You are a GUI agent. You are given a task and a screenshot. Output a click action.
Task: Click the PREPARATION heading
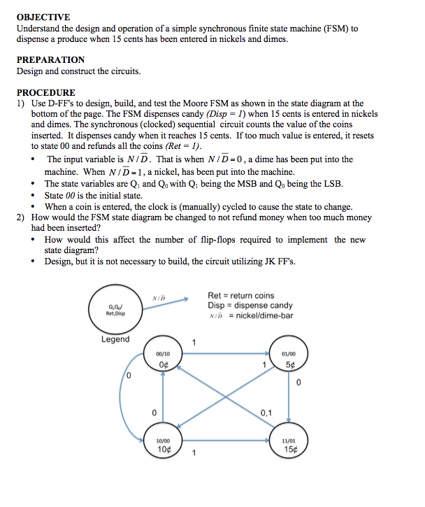(x=50, y=59)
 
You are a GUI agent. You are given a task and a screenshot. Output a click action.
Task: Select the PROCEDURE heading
(x=46, y=92)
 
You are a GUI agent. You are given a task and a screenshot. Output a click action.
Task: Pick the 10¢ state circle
(x=163, y=445)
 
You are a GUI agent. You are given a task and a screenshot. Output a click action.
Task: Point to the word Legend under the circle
(x=115, y=339)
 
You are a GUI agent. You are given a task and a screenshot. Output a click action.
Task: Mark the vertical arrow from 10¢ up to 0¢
(x=163, y=402)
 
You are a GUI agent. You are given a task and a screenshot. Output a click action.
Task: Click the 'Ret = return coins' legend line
(x=241, y=297)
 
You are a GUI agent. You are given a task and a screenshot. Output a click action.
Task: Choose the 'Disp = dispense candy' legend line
(x=250, y=306)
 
